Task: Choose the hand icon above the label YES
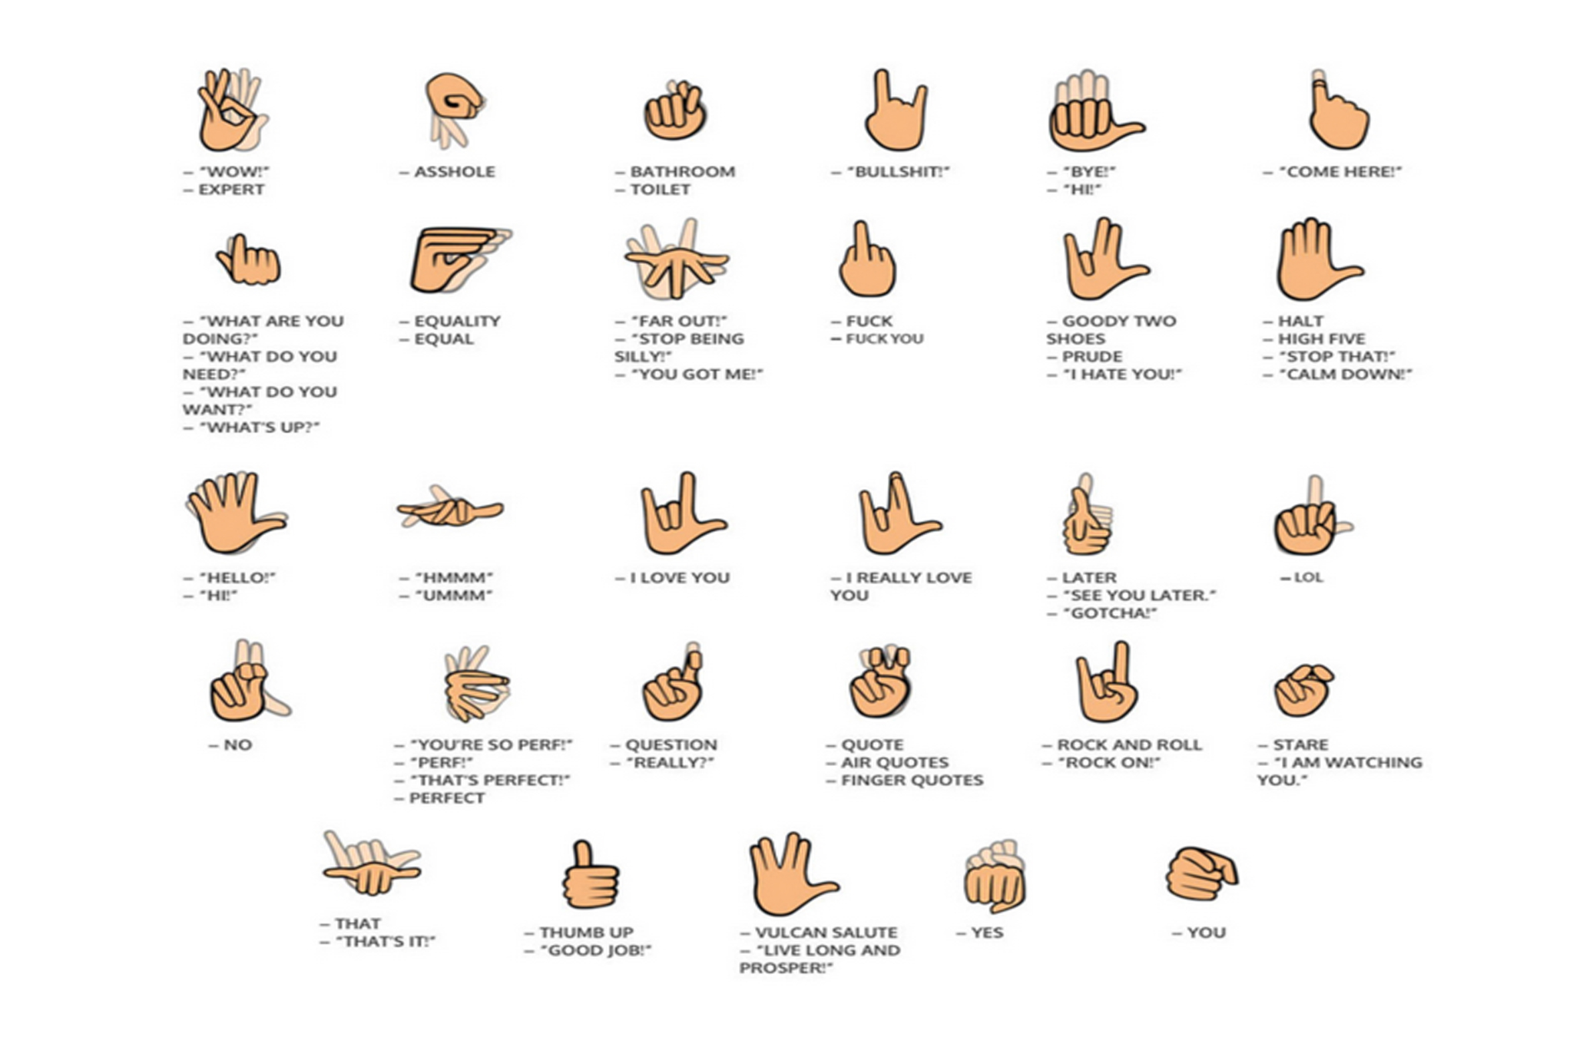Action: click(x=995, y=876)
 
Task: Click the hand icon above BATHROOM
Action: click(x=675, y=111)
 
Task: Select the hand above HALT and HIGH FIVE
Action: click(x=1318, y=259)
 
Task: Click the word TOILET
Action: click(x=661, y=190)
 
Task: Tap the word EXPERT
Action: click(x=231, y=190)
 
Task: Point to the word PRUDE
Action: click(x=1091, y=357)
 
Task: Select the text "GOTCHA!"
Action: click(x=1109, y=613)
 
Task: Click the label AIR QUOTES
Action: click(x=895, y=763)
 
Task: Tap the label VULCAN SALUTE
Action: click(x=826, y=933)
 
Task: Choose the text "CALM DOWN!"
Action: click(x=1345, y=375)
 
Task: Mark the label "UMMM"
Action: click(x=453, y=596)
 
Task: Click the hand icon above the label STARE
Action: click(x=1303, y=689)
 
